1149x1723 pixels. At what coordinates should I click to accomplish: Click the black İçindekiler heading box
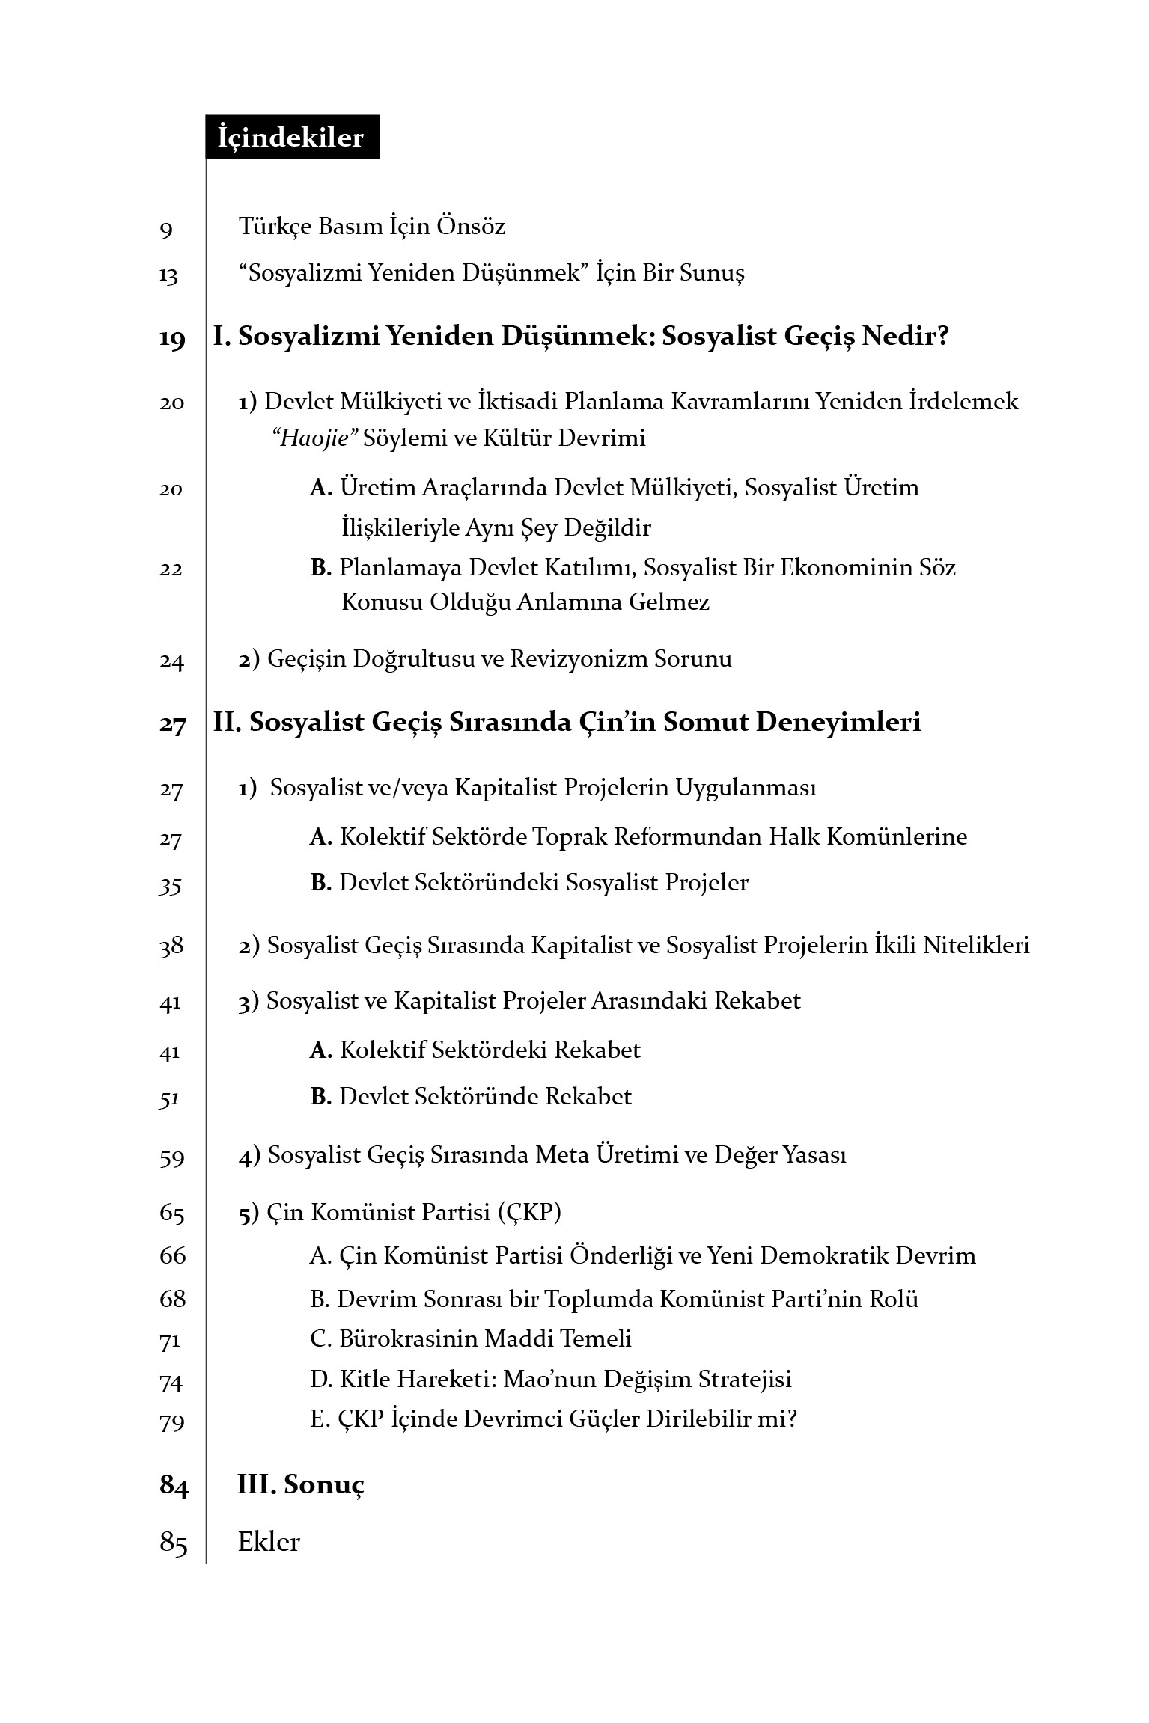(292, 138)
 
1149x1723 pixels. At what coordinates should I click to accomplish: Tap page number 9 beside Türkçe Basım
(166, 229)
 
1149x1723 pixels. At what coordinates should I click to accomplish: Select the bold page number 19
(172, 339)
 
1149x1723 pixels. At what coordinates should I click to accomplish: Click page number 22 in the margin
(171, 570)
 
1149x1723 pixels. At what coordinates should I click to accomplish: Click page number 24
(171, 661)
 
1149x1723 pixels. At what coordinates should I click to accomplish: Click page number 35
(171, 886)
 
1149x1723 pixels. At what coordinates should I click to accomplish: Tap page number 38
(171, 947)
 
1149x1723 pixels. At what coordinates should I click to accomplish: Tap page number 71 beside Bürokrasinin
(171, 1341)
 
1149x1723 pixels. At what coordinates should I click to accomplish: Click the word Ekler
(269, 1542)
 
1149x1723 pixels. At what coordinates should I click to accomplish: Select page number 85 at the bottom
(173, 1543)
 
